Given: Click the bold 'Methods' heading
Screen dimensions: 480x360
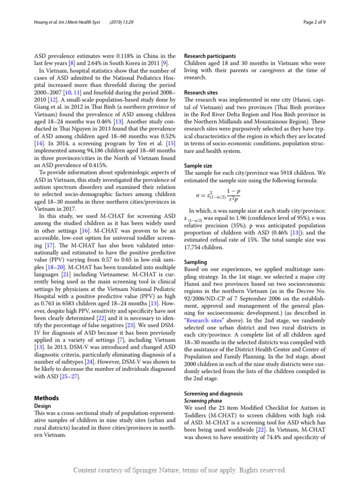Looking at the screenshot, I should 47,398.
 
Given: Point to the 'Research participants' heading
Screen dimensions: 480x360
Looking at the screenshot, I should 210,55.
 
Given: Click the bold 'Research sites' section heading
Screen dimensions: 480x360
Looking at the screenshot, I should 201,93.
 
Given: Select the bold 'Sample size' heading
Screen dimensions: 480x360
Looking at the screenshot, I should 198,165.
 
